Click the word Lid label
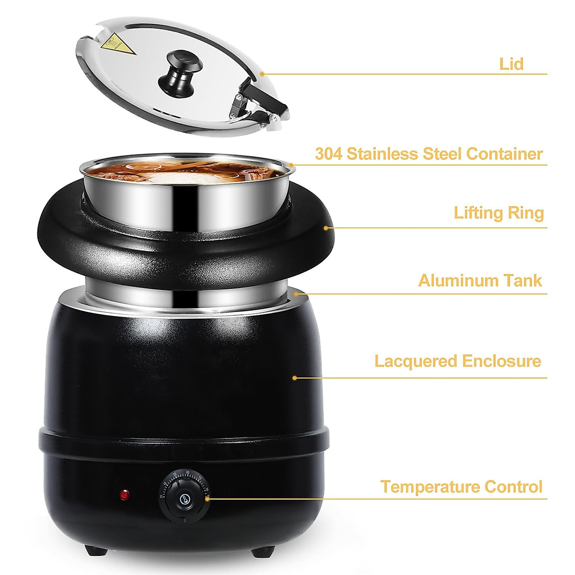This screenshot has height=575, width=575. coord(511,64)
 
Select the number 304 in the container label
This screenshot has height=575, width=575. coord(328,154)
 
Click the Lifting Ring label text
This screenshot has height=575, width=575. coord(499,213)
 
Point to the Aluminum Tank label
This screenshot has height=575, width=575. coord(480,280)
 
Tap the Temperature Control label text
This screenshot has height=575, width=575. coord(461,487)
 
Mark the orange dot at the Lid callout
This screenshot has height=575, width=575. coord(262,74)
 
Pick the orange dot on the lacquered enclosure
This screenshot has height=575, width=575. coord(295,378)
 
